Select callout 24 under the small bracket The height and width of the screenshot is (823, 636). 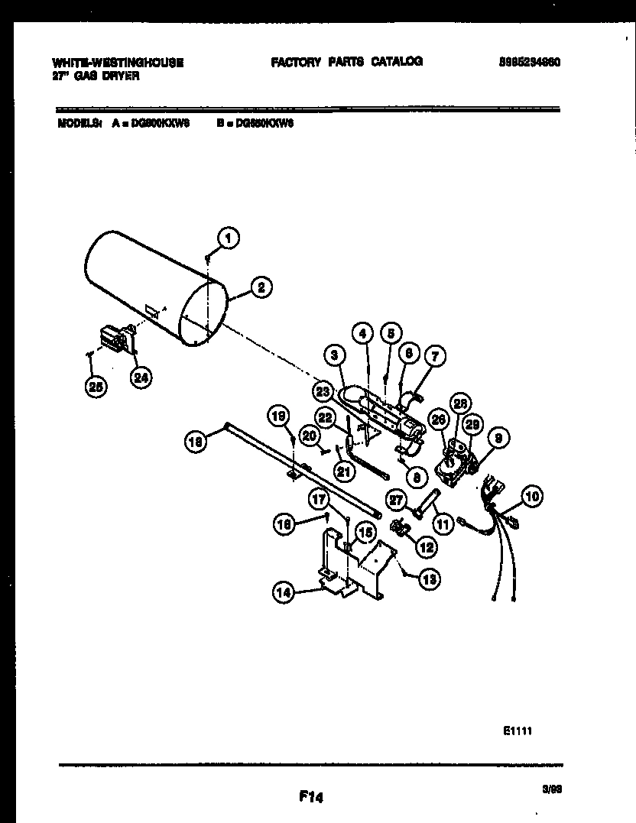[x=141, y=375]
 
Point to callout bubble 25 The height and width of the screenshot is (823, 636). [x=96, y=386]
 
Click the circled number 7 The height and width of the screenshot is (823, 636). [x=436, y=355]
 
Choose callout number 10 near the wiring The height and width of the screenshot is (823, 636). [x=532, y=496]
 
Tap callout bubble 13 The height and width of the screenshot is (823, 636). [x=430, y=580]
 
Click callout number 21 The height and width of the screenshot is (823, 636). [x=344, y=471]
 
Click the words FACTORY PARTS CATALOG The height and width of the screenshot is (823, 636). [x=346, y=62]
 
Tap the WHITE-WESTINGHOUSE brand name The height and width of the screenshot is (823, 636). [x=118, y=63]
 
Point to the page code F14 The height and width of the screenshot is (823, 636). [x=312, y=798]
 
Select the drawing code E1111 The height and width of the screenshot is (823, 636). [x=518, y=731]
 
